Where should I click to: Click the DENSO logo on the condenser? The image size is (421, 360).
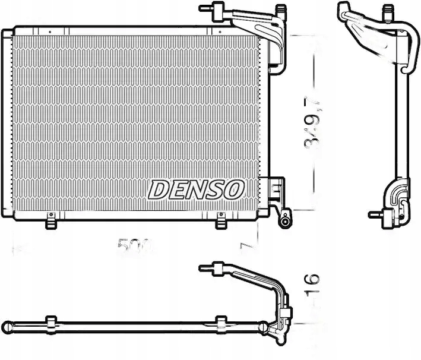(196, 190)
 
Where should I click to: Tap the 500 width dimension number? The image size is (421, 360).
(135, 245)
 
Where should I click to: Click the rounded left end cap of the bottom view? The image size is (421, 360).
(16, 324)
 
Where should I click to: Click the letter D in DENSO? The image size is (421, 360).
(157, 190)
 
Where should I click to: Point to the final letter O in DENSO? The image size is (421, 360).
(235, 190)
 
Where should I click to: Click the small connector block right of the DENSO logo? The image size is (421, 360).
(275, 189)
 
